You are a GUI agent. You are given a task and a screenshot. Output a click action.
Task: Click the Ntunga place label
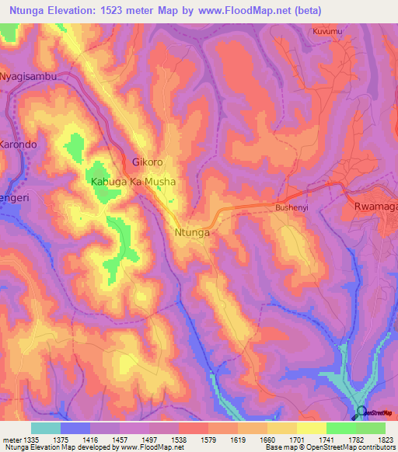(x=193, y=231)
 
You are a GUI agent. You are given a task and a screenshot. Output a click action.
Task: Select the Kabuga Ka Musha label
(x=133, y=182)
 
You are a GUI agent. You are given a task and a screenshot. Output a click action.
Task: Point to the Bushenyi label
(x=292, y=208)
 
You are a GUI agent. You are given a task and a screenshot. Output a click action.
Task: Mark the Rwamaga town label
(x=375, y=207)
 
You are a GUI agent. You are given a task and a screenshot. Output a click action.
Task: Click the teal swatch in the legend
(x=46, y=428)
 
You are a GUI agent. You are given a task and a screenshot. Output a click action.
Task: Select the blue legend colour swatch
(x=75, y=428)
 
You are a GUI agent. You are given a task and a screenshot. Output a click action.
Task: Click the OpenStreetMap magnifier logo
(x=361, y=412)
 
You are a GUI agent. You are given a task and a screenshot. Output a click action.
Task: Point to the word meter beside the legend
(x=11, y=439)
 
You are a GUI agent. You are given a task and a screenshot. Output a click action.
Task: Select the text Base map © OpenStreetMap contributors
(x=330, y=447)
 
